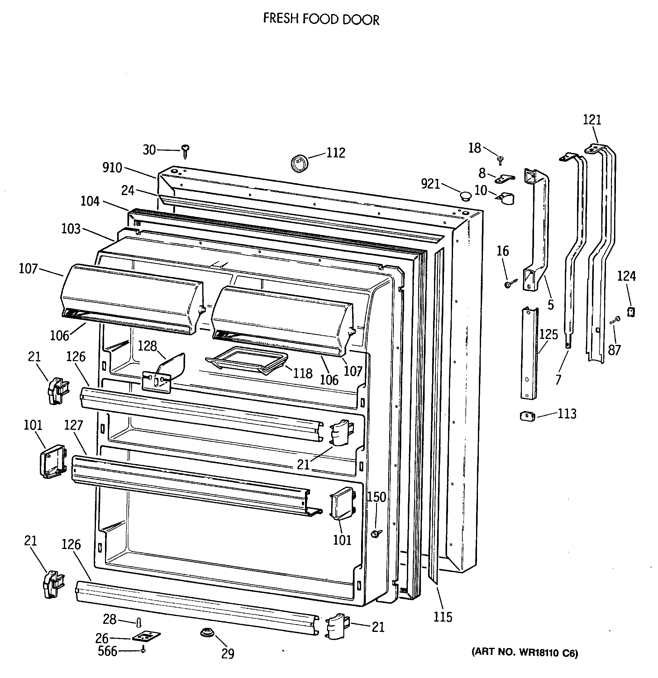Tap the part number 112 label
tap(336, 153)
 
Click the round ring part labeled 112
tap(299, 163)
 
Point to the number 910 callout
tap(112, 168)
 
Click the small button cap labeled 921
tap(465, 196)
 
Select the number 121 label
tap(592, 120)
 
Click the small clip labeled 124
tap(631, 311)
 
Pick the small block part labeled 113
tap(527, 416)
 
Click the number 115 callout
tap(443, 617)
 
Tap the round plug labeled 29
tap(207, 633)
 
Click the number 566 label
tap(107, 651)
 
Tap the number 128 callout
tap(147, 346)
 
